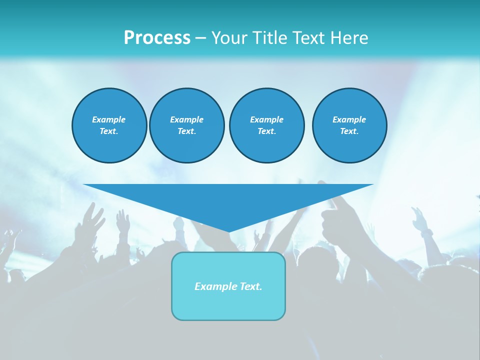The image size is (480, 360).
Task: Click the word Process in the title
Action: tap(157, 38)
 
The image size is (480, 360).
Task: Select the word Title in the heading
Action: tap(270, 38)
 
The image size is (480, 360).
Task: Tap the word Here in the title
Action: tap(350, 38)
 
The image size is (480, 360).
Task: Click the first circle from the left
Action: tap(109, 125)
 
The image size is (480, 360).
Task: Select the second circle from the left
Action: tap(186, 125)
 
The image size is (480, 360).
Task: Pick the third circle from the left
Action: tap(266, 125)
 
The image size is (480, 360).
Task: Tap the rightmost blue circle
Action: tap(349, 125)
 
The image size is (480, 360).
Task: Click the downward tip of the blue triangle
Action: tap(229, 230)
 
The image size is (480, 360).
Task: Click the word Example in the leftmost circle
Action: tap(109, 119)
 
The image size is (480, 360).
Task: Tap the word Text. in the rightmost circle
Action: tap(349, 131)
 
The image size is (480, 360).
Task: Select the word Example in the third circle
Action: tap(266, 119)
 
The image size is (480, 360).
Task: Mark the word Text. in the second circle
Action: tap(186, 131)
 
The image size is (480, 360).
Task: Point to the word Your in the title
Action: tap(228, 38)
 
